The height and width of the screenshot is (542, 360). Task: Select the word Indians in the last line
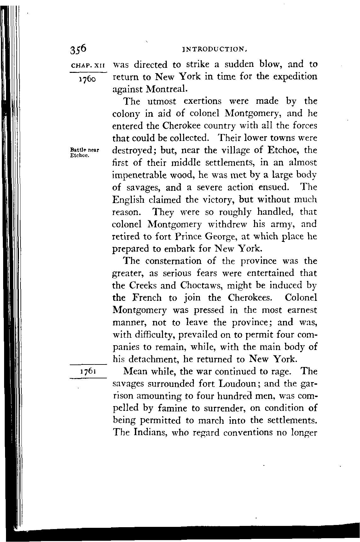(150, 433)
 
